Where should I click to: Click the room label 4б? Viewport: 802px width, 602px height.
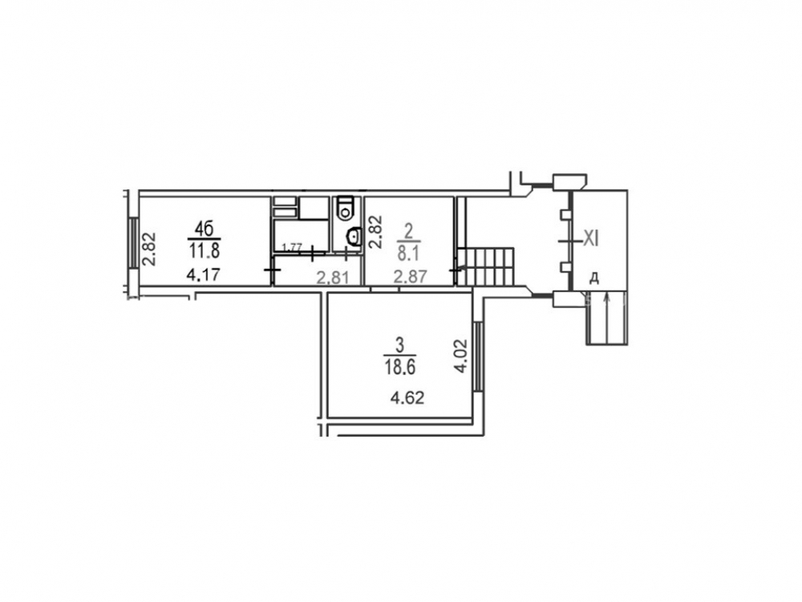click(x=204, y=229)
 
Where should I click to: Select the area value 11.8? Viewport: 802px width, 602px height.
click(x=204, y=251)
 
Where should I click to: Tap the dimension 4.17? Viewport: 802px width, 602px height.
click(x=203, y=275)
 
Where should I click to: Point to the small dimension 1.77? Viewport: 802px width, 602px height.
click(x=292, y=248)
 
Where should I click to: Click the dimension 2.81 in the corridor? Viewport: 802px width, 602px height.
click(x=333, y=279)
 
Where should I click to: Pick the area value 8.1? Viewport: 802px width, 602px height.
click(x=408, y=253)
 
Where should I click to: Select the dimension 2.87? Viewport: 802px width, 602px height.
click(x=410, y=278)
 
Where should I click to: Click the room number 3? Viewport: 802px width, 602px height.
click(x=400, y=345)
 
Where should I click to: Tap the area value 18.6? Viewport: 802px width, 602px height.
click(x=400, y=368)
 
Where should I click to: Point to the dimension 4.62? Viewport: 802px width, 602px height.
click(x=407, y=397)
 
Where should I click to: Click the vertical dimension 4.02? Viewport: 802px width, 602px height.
click(x=461, y=356)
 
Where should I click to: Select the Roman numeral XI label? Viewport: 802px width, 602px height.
click(x=591, y=238)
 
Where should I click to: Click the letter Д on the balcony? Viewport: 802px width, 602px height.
click(x=593, y=278)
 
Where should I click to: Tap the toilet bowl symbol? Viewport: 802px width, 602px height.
click(x=346, y=208)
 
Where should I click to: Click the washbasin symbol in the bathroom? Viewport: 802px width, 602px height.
click(x=353, y=236)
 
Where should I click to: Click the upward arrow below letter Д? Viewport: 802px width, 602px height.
click(x=607, y=317)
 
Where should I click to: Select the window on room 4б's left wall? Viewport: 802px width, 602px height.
click(x=133, y=242)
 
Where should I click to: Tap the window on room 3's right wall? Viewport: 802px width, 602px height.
click(x=478, y=357)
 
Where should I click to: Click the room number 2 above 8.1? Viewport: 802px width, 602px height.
click(x=408, y=232)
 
